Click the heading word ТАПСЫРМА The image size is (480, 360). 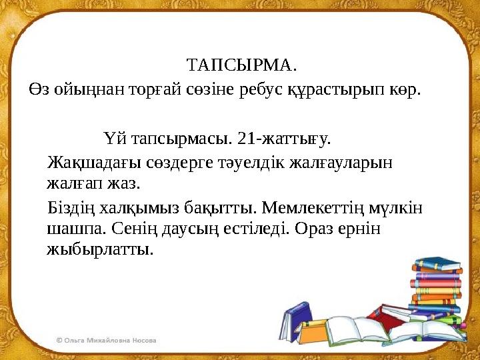[241, 66]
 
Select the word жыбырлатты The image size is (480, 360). [100, 249]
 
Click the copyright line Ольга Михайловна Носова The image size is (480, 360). [107, 339]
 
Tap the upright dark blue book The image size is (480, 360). [296, 319]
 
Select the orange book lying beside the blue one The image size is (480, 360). [434, 271]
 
